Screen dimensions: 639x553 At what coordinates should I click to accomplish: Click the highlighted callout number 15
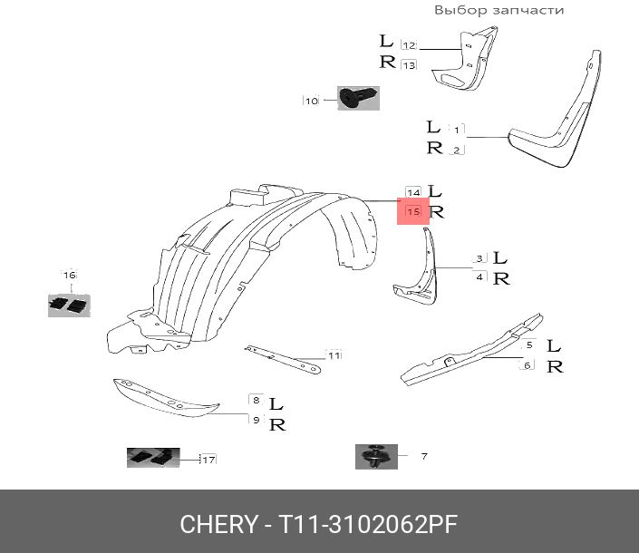click(414, 212)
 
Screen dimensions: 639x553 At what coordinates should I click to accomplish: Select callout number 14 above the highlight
click(413, 192)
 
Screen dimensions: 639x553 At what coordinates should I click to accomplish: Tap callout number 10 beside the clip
click(311, 101)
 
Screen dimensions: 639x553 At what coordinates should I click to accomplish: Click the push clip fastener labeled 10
click(358, 98)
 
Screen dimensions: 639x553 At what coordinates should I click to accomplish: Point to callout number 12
click(408, 45)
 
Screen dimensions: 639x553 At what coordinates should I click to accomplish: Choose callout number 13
click(408, 65)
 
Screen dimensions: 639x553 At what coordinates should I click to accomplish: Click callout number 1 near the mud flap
click(457, 130)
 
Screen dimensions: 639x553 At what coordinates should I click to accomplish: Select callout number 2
click(457, 150)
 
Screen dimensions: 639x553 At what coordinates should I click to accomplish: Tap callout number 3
click(479, 260)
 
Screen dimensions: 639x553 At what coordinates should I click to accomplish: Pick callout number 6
click(526, 365)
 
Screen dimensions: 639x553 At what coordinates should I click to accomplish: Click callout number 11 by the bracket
click(334, 355)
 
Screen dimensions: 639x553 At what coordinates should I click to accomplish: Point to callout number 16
click(69, 275)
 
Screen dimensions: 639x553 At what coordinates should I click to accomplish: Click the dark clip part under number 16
click(69, 305)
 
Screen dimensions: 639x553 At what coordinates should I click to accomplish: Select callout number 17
click(208, 460)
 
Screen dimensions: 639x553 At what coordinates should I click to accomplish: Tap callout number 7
click(423, 456)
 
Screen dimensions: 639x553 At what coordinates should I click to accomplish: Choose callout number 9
click(257, 420)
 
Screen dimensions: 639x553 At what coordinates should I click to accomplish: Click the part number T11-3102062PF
click(367, 524)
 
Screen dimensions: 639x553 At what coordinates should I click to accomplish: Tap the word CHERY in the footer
click(218, 524)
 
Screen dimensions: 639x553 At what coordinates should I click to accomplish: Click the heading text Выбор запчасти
click(499, 10)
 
